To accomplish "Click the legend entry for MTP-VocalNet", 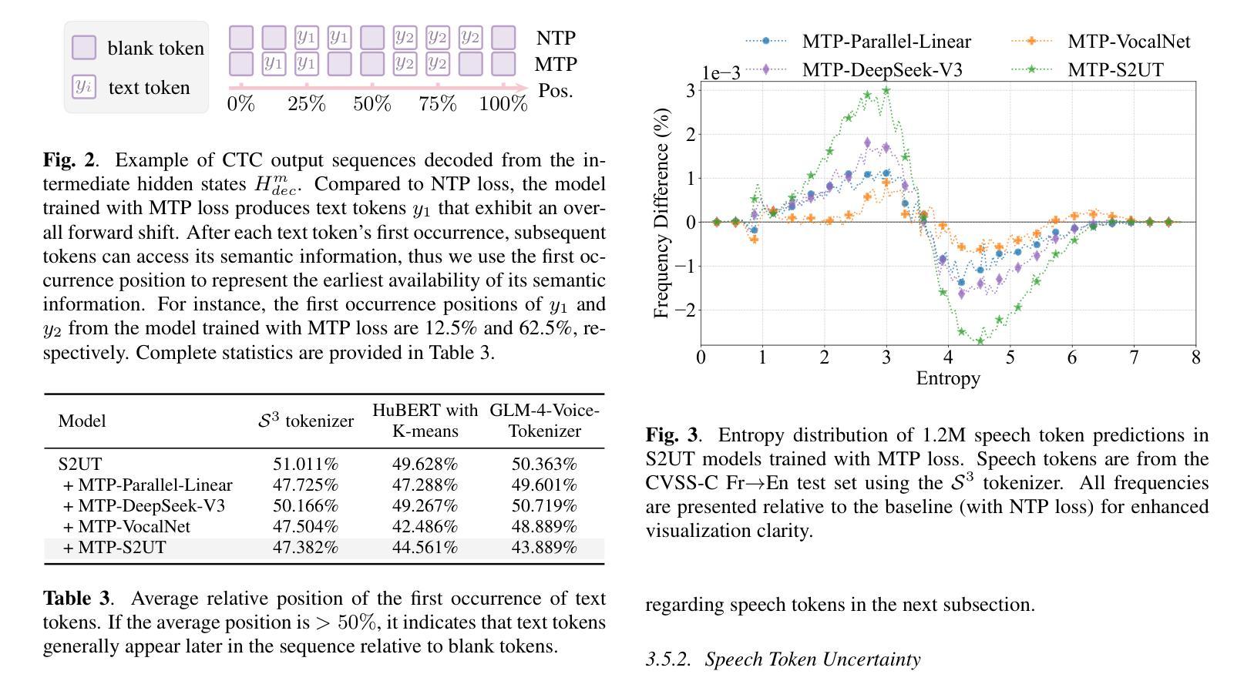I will point(1128,42).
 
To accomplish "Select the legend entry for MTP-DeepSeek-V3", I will point(882,70).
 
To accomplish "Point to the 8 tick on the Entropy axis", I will point(1195,357).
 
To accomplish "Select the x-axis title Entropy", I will point(948,378).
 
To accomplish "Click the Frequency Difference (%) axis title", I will point(661,213).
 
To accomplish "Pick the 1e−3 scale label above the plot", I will point(721,73).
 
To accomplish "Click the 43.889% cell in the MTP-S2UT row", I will point(544,548).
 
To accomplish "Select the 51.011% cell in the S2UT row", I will point(305,465).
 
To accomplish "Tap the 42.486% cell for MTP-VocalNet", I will point(425,527).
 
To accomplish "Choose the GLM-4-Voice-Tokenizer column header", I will point(544,421).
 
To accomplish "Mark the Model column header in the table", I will point(82,421).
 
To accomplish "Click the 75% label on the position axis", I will point(438,104).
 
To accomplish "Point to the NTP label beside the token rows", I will point(556,39).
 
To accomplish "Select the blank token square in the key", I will point(84,48).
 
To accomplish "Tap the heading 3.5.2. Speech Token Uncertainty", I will point(783,659).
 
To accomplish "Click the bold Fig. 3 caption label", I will point(671,435).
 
